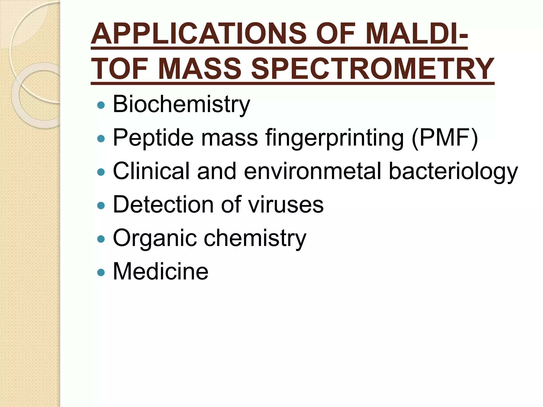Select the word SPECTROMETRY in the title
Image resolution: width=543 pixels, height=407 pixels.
[x=373, y=69]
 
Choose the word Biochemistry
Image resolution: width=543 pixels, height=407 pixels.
[x=181, y=104]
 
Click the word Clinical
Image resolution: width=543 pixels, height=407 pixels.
[x=151, y=171]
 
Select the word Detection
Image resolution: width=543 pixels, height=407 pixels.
[x=163, y=205]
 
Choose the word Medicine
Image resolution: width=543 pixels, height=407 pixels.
[x=161, y=271]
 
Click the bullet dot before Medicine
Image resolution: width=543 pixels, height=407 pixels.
[x=101, y=272]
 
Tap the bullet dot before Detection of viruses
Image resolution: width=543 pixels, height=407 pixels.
[x=101, y=206]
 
